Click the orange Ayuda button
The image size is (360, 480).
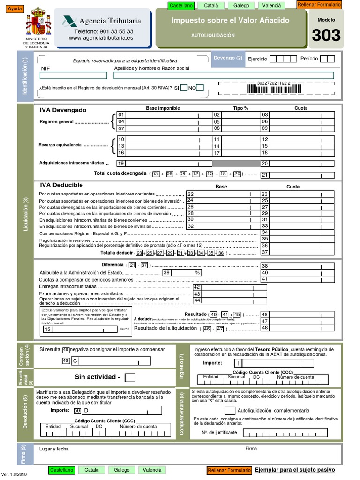coord(15,9)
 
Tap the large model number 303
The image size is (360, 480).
coord(326,35)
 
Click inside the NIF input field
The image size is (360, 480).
coord(74,75)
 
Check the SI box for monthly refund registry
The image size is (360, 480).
coord(184,88)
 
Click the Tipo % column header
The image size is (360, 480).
coord(240,108)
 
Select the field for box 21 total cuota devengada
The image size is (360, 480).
coord(302,175)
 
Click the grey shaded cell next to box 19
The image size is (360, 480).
coord(236,163)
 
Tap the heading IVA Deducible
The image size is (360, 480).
coord(61,185)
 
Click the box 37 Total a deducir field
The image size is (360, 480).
coord(302,252)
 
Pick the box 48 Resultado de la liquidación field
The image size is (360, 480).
coord(302,328)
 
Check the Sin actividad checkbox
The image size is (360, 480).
coord(131,377)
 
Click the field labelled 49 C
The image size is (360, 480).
coord(115,360)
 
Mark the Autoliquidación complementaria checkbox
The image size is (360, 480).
coord(230,411)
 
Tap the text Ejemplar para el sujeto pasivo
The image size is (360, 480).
coord(295,469)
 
